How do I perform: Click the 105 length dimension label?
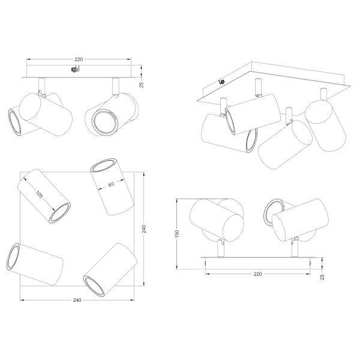[x=39, y=194]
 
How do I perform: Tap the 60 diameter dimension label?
[x=111, y=184]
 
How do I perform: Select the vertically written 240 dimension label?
[x=144, y=229]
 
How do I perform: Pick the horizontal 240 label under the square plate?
[x=77, y=300]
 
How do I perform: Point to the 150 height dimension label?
[x=177, y=234]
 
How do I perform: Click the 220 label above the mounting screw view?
[x=79, y=59]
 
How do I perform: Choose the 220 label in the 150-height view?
[x=257, y=274]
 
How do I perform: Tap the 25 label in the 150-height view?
[x=322, y=277]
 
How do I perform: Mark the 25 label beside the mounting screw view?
[x=142, y=85]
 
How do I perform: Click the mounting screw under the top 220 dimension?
[x=74, y=70]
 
